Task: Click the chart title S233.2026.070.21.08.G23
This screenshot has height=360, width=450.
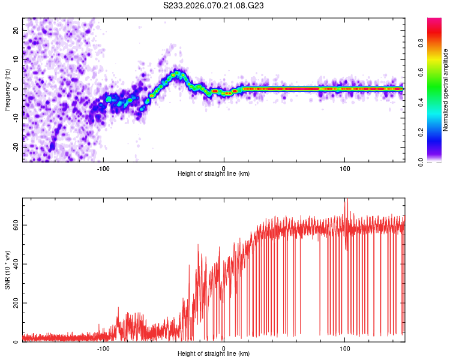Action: coord(214,6)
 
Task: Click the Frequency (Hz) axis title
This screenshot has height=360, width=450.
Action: coord(7,89)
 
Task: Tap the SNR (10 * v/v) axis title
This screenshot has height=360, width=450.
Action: coord(7,271)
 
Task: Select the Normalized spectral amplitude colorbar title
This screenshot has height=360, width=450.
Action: coord(445,90)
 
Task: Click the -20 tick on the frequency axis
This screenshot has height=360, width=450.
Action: coord(16,147)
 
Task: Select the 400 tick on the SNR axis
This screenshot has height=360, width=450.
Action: coord(14,264)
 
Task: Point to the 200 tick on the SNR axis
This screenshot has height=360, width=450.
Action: coord(14,303)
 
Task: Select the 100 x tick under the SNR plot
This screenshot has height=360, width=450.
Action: coord(345,348)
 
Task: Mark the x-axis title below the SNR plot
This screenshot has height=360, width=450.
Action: coord(214,354)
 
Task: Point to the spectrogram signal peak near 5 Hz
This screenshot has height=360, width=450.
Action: coord(178,73)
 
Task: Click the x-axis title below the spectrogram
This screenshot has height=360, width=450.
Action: coord(214,173)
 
